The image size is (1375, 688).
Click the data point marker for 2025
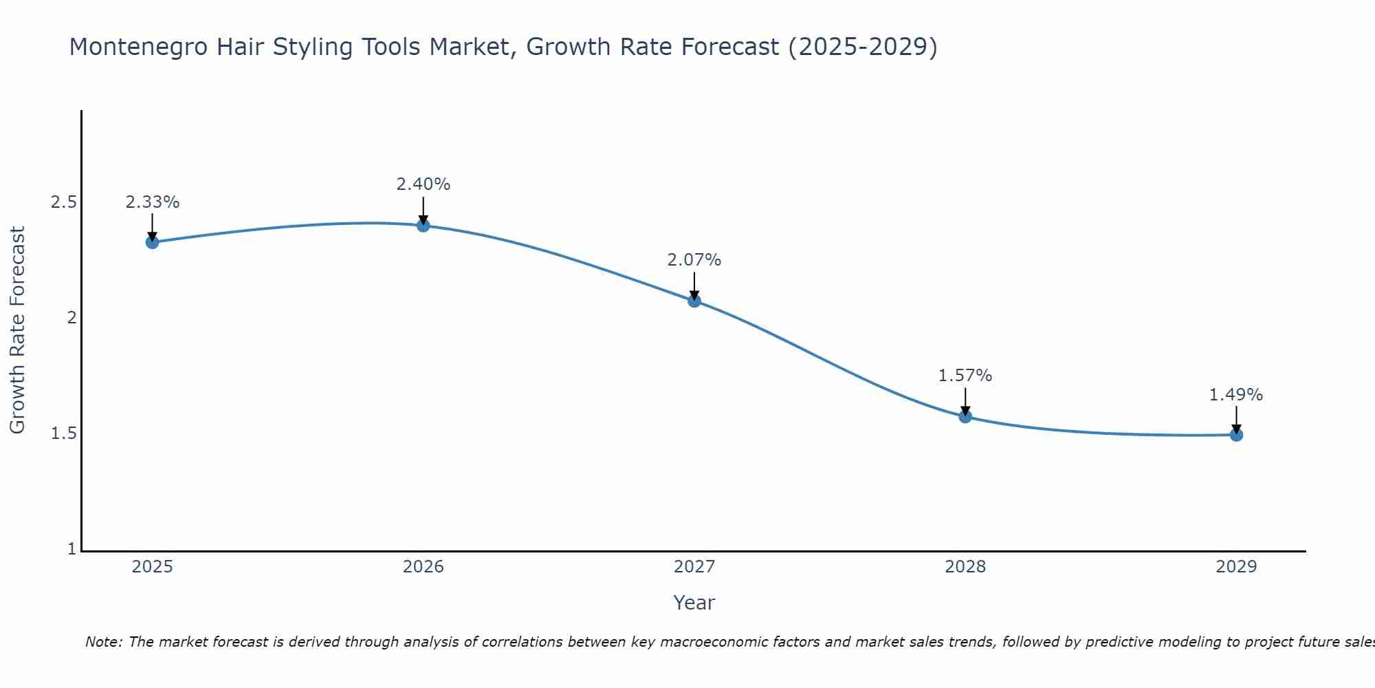tap(153, 242)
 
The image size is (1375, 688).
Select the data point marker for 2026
tap(423, 226)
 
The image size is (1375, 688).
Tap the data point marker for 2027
tap(694, 301)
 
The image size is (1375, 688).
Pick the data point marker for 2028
tap(965, 416)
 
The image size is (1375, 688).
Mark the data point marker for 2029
tap(1236, 435)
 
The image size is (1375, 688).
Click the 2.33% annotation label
tap(153, 202)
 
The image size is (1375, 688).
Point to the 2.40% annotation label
tap(423, 184)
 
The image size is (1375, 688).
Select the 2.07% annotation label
tap(694, 260)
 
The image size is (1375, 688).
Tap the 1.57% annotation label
tap(965, 376)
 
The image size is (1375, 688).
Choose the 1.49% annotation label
tap(1236, 395)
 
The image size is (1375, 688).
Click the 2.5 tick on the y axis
tap(63, 202)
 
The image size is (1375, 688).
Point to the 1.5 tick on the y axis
tap(63, 433)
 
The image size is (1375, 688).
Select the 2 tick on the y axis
tap(71, 318)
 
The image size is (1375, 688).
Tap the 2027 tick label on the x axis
tap(694, 567)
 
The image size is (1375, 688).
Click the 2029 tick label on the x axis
tap(1236, 567)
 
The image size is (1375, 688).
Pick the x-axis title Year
tap(694, 603)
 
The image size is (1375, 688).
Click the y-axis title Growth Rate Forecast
tap(18, 330)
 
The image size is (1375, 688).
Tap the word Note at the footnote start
tap(103, 642)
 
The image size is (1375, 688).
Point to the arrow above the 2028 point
tap(965, 401)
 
